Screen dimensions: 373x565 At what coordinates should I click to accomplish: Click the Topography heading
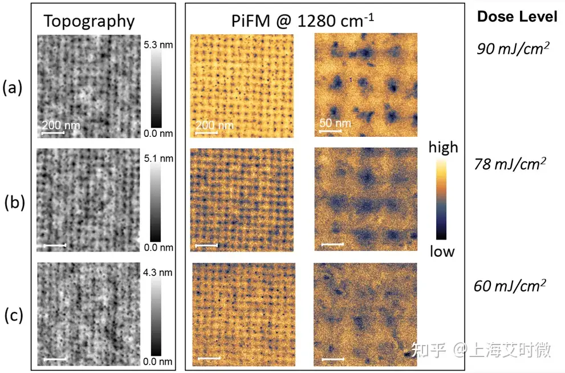[90, 21]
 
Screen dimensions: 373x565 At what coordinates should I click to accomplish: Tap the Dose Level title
[517, 17]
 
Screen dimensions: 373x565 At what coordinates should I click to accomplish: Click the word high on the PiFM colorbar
[443, 147]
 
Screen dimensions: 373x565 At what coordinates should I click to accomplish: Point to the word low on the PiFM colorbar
[442, 252]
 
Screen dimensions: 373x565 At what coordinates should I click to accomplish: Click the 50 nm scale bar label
[334, 123]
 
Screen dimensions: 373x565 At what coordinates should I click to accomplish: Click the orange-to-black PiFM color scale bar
[442, 199]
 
